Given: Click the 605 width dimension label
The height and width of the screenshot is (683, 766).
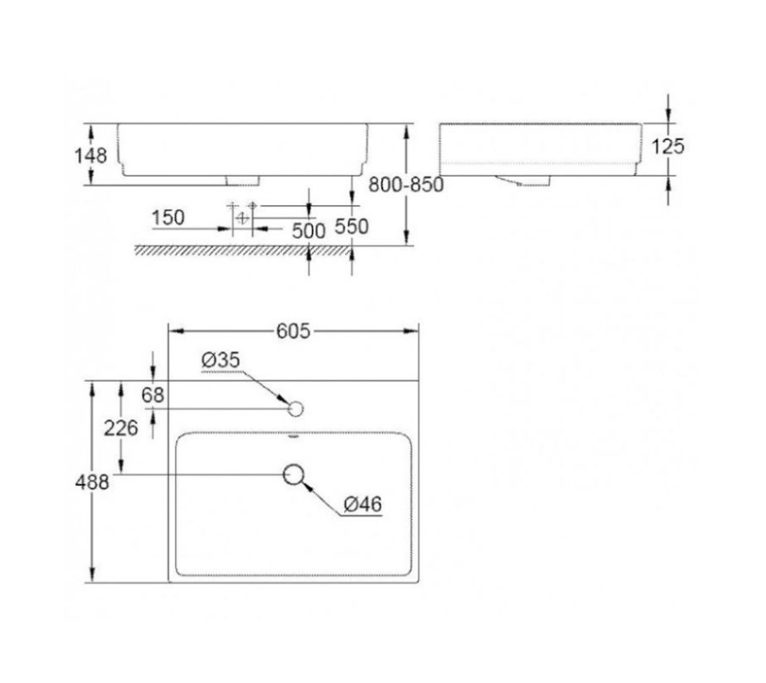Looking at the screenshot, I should point(293,331).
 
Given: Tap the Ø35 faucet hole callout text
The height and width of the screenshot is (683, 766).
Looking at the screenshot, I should point(220,360).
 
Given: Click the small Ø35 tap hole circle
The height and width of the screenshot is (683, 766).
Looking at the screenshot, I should point(296,408).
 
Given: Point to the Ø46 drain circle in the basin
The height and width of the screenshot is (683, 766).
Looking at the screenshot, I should point(295,474).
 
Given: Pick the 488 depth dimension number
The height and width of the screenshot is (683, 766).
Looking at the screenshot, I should point(93,483).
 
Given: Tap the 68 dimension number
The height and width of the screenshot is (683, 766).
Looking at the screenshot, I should point(153,395).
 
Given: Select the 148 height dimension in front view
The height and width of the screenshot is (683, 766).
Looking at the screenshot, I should point(91,154).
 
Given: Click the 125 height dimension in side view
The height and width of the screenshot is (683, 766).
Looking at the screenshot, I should point(668,146).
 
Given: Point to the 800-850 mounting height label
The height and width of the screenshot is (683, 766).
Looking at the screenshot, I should point(405,186).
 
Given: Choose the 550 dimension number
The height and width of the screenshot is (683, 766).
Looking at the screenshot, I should point(352,226).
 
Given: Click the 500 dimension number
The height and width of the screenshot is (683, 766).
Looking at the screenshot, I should point(309,230).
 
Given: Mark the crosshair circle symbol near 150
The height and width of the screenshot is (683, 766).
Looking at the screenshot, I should point(242,218).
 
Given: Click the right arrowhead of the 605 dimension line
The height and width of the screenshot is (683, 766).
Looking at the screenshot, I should point(415,331).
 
